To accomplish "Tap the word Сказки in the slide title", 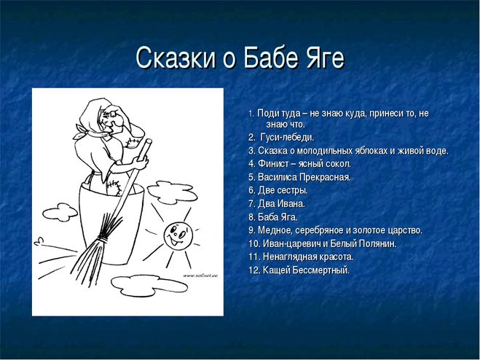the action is [x=176, y=58].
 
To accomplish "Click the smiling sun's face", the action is [x=178, y=235].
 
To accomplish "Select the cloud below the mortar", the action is [x=149, y=286].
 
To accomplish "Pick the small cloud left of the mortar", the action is [x=60, y=212].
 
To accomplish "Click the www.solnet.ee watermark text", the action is [x=200, y=275].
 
